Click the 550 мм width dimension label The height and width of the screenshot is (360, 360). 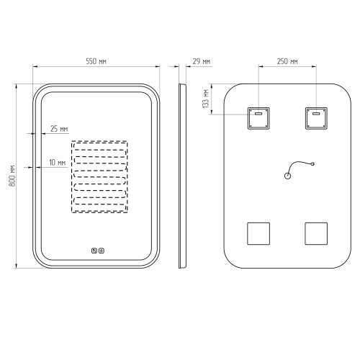tap(96, 61)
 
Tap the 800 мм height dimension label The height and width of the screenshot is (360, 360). tap(12, 176)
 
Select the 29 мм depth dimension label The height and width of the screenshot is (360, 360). tap(201, 61)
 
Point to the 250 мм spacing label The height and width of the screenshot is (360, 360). tap(287, 61)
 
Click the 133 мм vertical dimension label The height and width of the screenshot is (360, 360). tap(206, 99)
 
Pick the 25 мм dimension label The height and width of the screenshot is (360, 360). tap(59, 129)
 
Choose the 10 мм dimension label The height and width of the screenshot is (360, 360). tap(58, 163)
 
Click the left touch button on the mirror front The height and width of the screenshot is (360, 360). tap(94, 251)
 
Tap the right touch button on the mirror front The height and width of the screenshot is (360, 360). tap(102, 251)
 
